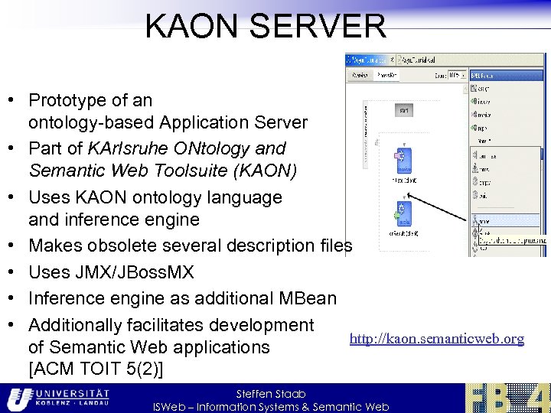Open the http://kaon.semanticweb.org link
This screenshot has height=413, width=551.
[437, 338]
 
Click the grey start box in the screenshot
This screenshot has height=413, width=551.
[403, 112]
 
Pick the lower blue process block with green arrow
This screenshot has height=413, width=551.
[403, 211]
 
